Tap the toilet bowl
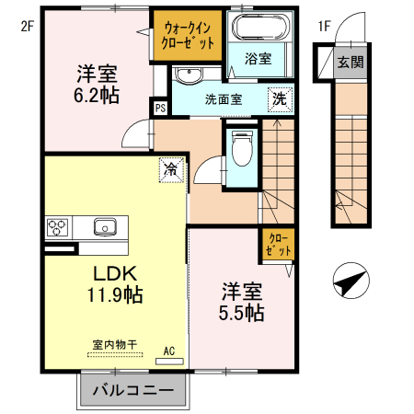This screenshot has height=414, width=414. (x=242, y=148)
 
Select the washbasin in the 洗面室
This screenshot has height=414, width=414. (x=189, y=75)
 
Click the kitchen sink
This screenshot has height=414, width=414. (x=105, y=227)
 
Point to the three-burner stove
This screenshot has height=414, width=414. (x=57, y=227)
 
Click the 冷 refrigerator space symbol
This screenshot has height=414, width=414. (x=171, y=170)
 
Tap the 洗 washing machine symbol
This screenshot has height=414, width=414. (x=280, y=99)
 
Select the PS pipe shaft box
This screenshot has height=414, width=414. (x=160, y=108)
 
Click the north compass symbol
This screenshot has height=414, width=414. (x=351, y=281)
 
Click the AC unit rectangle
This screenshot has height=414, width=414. (x=169, y=362)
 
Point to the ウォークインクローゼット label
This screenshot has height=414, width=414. (x=188, y=36)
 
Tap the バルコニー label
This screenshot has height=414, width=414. (x=133, y=390)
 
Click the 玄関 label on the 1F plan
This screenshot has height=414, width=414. (x=351, y=63)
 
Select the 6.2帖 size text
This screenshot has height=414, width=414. (x=97, y=96)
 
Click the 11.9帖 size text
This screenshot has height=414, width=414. (x=115, y=294)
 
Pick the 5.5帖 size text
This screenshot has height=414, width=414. (x=242, y=313)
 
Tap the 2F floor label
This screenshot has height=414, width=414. (x=27, y=27)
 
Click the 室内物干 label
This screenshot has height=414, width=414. (x=115, y=345)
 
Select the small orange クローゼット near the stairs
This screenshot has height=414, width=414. (x=278, y=246)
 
